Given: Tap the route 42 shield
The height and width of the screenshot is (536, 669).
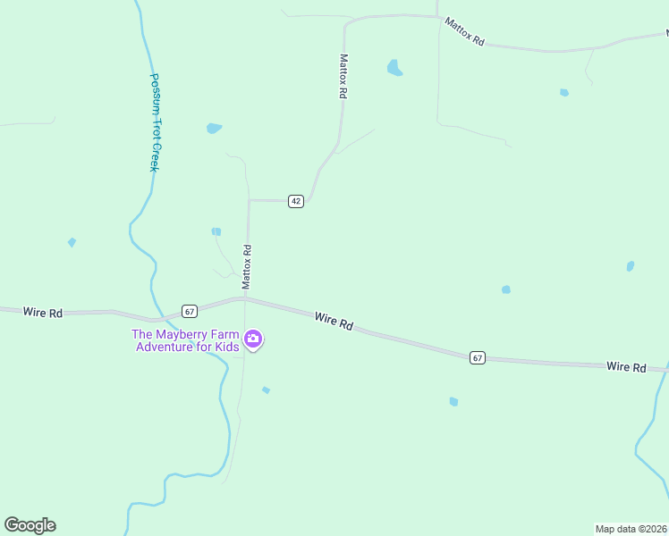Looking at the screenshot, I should pyautogui.click(x=296, y=201).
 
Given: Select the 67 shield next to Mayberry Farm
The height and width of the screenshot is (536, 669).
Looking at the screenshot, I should pyautogui.click(x=189, y=311).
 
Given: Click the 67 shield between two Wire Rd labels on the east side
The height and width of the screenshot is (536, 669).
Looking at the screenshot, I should pyautogui.click(x=478, y=357).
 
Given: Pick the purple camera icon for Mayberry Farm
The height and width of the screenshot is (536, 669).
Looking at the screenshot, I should pyautogui.click(x=253, y=339).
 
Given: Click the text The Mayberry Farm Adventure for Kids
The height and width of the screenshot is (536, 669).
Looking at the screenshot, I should pyautogui.click(x=186, y=340).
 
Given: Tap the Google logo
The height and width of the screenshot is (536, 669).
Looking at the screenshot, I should pyautogui.click(x=30, y=525).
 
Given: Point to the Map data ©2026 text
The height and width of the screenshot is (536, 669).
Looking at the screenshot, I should pyautogui.click(x=631, y=528).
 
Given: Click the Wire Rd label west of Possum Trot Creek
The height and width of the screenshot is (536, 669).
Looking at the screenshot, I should pyautogui.click(x=43, y=313).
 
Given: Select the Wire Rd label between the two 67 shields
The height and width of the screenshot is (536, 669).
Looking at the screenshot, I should pyautogui.click(x=334, y=321).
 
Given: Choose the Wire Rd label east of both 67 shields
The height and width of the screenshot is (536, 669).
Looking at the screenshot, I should pyautogui.click(x=626, y=367).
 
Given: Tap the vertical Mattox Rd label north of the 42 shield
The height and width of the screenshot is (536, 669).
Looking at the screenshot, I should pyautogui.click(x=343, y=76).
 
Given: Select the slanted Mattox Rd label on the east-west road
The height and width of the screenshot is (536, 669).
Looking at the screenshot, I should pyautogui.click(x=467, y=33).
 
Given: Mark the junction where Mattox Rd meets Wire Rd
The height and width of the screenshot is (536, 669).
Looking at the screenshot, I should pyautogui.click(x=245, y=299).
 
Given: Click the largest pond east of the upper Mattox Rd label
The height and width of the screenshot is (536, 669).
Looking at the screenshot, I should pyautogui.click(x=394, y=67).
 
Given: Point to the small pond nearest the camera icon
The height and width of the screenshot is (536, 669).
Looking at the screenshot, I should pyautogui.click(x=266, y=389).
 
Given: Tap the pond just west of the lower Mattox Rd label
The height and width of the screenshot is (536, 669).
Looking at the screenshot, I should pyautogui.click(x=216, y=231).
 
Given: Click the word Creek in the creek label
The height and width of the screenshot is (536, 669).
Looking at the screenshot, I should pyautogui.click(x=153, y=157).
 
